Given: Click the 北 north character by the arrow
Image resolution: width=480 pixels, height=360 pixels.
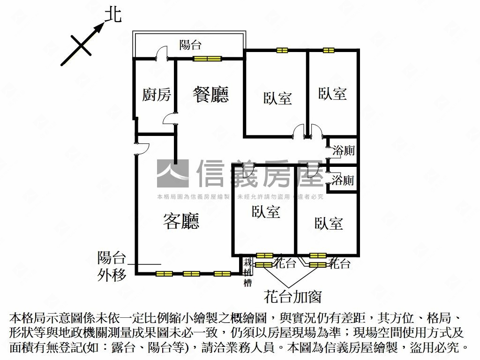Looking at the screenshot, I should point(112,15).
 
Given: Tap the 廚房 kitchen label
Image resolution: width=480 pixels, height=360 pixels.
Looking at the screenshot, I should point(156,95).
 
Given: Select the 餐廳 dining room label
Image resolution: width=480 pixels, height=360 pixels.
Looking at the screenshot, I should point(210,94).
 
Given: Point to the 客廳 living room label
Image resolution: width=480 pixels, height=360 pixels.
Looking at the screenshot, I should point(181,221).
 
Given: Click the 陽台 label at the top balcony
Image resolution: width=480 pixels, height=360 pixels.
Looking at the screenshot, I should point(190,45).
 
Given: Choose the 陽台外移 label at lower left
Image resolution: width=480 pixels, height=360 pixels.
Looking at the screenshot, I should point(112,266).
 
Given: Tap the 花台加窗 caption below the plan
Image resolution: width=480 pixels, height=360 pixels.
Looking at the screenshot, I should point(292,296).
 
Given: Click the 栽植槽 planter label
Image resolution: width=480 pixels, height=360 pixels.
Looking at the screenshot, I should point(247,272).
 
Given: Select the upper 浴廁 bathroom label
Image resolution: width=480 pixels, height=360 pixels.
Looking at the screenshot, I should point(343,151).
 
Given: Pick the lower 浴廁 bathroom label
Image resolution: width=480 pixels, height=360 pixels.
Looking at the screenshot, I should point(343,180).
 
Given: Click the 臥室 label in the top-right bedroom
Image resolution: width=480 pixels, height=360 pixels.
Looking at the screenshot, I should point(332,93).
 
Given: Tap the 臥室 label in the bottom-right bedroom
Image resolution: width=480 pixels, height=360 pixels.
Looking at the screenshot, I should point(329,223).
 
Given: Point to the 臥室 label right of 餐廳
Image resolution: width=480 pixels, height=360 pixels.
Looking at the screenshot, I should point(277,98).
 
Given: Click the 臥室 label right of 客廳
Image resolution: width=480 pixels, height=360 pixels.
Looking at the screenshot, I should point(266,212).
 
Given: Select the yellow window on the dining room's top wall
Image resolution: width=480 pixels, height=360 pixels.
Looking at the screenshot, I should point(207,59).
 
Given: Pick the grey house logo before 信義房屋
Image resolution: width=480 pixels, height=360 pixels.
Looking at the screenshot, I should point(172,173).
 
